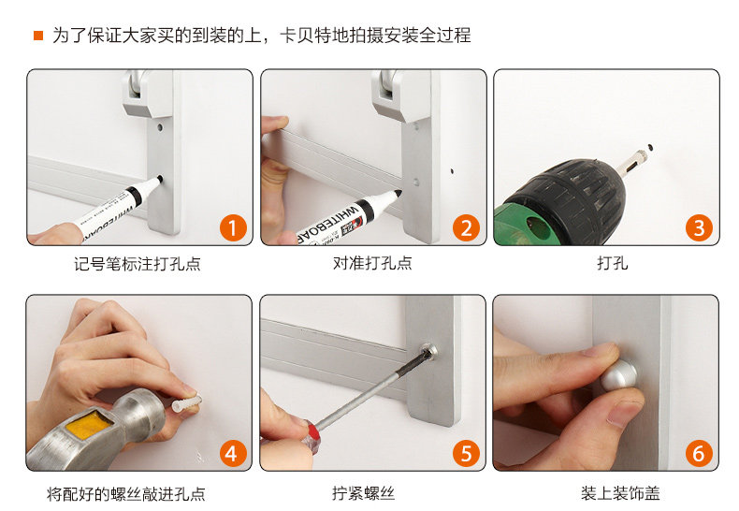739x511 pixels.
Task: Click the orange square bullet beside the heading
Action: coord(38,36)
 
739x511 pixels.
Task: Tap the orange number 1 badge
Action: coord(233,227)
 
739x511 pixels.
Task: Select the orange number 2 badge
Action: coord(466,227)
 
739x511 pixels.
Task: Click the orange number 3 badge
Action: coord(699,227)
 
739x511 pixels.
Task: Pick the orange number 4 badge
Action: coord(233,454)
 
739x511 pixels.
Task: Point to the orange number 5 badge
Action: coord(466,454)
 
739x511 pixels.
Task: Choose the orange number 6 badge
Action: coord(699,454)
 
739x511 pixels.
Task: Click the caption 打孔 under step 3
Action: coord(612,263)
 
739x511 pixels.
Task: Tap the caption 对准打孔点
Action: coord(372,263)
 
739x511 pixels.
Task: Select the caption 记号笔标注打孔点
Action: coord(138,264)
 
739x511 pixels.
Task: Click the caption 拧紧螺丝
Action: coord(363,493)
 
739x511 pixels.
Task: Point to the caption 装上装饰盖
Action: coord(620,493)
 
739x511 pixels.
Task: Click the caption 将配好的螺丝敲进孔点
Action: coord(126,494)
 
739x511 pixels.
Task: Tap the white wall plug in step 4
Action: coord(187,403)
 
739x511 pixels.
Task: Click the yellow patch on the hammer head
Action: coord(89,423)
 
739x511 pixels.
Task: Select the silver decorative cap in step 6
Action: coord(619,374)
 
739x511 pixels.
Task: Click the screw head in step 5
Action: coord(428,351)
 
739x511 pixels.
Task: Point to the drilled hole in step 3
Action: coord(650,148)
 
